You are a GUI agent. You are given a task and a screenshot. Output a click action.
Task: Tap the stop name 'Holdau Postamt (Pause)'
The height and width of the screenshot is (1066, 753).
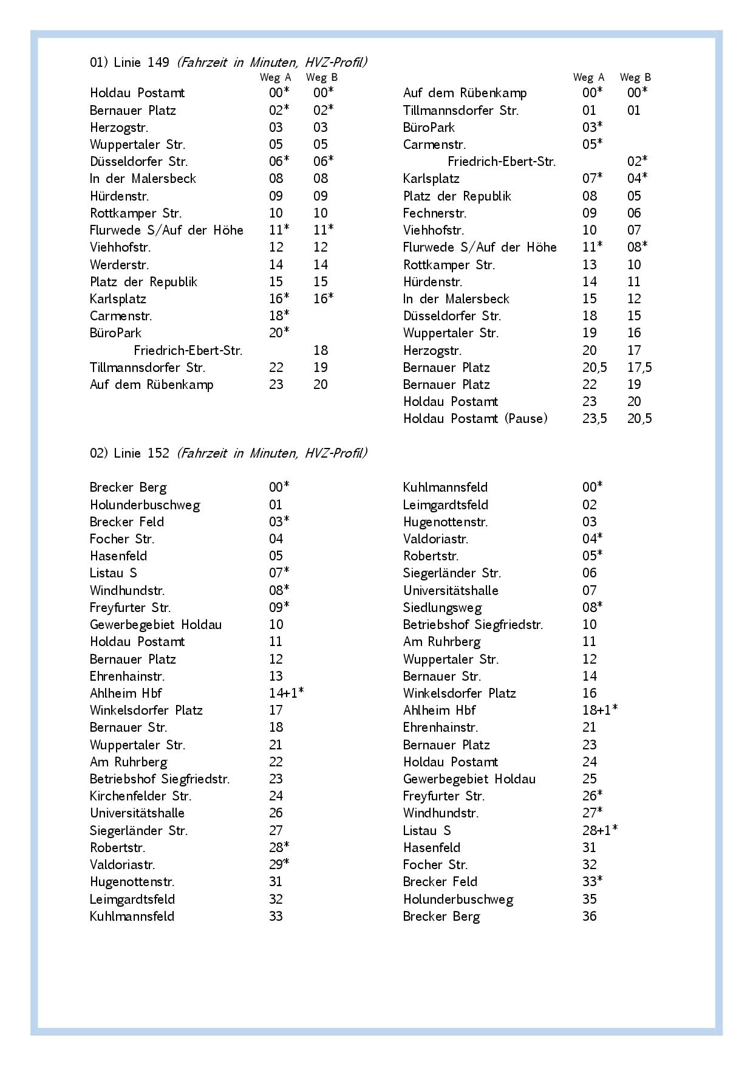475,419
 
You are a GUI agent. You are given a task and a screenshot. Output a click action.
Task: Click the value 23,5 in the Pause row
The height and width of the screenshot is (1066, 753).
594,419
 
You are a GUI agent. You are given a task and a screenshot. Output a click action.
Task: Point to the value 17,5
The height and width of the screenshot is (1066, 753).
639,368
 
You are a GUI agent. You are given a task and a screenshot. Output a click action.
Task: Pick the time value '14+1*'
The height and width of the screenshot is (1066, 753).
286,693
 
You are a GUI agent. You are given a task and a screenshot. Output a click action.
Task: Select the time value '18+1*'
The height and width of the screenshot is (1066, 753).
599,710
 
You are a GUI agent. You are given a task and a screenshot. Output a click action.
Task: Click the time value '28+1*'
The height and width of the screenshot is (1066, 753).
599,830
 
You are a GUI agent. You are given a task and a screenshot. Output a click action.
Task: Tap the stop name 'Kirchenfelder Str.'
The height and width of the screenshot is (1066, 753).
140,796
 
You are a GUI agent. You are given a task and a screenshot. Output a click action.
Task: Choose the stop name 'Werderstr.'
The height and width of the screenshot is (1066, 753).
120,265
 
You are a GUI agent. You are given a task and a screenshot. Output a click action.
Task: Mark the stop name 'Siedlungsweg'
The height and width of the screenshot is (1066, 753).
442,608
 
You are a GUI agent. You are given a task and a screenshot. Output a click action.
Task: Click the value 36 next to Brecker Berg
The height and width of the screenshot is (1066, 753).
589,916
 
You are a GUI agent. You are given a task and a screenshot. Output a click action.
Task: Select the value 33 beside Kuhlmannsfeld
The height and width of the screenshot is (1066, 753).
276,916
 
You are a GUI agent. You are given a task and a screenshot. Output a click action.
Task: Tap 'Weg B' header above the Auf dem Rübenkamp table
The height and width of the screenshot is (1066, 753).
635,77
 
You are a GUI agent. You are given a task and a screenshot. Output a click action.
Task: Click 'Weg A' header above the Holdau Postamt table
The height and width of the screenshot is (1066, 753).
275,77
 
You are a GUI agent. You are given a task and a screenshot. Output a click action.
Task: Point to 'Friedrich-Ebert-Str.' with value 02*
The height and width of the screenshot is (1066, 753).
502,162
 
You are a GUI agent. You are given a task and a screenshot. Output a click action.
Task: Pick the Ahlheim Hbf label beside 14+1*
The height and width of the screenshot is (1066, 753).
126,693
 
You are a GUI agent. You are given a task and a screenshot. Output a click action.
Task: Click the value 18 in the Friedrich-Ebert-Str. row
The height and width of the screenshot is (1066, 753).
321,351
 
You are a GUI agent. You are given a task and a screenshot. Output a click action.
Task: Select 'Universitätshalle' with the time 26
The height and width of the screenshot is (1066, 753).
137,813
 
